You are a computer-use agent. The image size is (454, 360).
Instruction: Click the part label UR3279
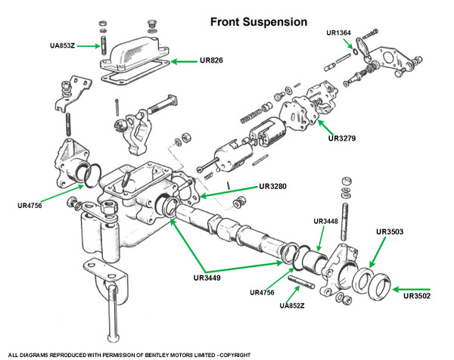(341, 138)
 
